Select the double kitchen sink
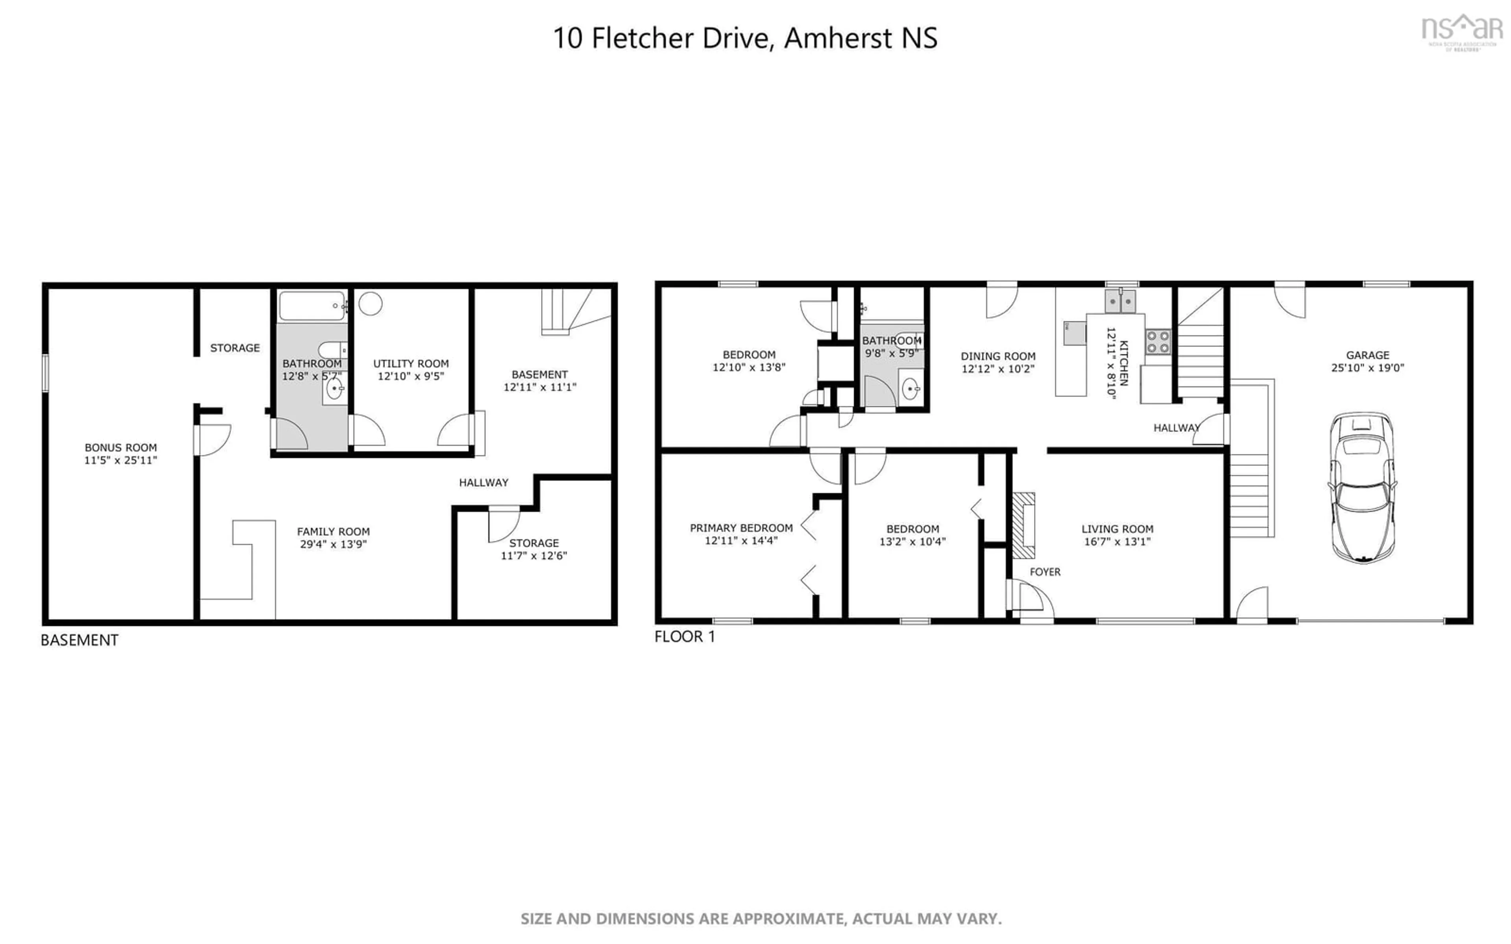(x=1121, y=302)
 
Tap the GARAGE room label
(x=1367, y=355)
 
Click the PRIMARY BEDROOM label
(x=741, y=527)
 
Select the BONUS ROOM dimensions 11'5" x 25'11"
(x=120, y=460)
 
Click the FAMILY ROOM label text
(x=333, y=531)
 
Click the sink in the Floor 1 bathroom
(x=911, y=389)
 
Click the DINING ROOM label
(x=998, y=356)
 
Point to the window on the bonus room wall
(x=45, y=373)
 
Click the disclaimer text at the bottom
(x=761, y=918)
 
